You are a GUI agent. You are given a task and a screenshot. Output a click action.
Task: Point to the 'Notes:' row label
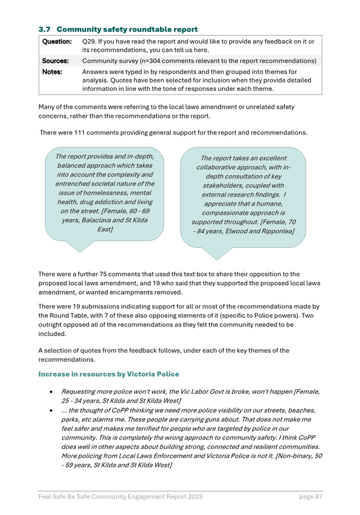pos(52,72)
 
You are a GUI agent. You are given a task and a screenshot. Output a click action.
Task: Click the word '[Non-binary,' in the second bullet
pos(284,455)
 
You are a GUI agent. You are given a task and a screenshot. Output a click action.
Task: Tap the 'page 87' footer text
pos(310,497)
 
